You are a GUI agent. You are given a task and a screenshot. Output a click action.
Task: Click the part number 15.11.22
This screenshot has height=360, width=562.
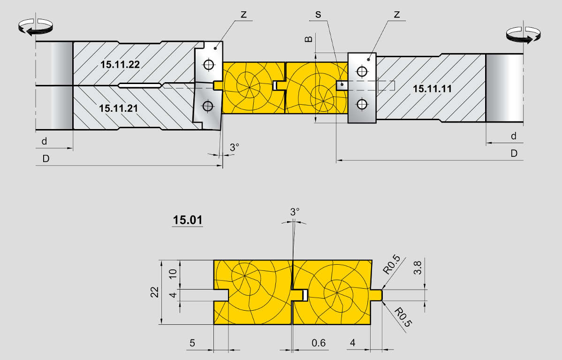pos(120,65)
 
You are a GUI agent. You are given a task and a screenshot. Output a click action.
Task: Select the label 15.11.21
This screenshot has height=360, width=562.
pos(118,108)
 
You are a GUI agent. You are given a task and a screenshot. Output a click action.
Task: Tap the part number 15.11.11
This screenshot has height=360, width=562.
pos(432,89)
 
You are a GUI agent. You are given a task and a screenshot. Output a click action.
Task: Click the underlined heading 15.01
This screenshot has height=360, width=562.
pos(188,220)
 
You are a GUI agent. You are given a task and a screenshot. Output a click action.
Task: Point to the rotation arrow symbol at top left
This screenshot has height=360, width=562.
pos(36,27)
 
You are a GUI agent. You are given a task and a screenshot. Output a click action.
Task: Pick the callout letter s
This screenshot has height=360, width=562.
pos(318,15)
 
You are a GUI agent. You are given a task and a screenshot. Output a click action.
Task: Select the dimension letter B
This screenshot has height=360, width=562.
pos(309,38)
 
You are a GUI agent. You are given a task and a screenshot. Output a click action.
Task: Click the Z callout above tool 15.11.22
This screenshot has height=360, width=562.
pos(244,15)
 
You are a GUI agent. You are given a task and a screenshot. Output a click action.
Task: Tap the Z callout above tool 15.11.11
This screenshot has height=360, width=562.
pos(397,15)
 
